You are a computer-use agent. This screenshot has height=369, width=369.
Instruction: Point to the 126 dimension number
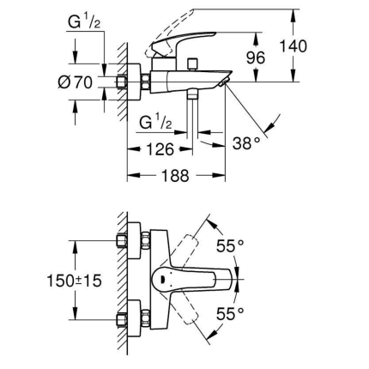[x=159, y=148]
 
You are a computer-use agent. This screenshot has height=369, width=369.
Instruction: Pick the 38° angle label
[x=247, y=142]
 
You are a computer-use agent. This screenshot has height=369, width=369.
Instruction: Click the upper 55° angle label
[x=229, y=247]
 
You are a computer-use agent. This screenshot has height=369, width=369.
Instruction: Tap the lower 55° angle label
[x=229, y=313]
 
